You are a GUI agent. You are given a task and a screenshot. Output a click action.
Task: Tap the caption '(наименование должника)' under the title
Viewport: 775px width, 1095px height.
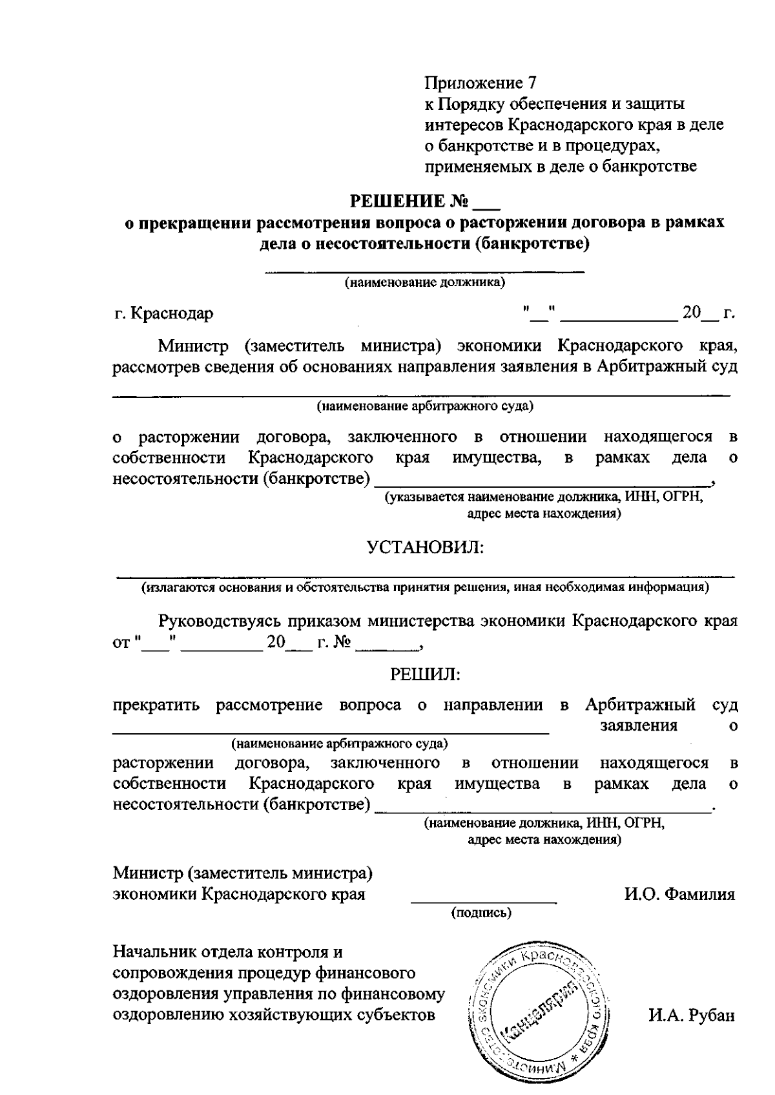424,282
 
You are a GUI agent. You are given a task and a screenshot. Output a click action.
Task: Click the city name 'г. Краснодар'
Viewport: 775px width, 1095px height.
163,314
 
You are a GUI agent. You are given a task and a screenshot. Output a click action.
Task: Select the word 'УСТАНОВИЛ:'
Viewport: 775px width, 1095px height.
425,548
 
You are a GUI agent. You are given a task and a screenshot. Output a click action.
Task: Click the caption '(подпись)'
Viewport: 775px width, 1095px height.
481,913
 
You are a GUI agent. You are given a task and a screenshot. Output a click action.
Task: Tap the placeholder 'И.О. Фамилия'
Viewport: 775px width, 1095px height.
679,894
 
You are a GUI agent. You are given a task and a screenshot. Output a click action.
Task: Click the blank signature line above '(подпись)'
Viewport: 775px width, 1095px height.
484,901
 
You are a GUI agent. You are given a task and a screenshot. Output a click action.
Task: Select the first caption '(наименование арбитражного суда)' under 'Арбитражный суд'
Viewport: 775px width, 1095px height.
424,406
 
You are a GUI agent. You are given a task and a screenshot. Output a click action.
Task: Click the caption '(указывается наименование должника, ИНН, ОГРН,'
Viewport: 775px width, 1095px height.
543,498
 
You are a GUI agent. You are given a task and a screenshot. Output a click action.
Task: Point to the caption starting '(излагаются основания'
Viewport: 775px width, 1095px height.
425,588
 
